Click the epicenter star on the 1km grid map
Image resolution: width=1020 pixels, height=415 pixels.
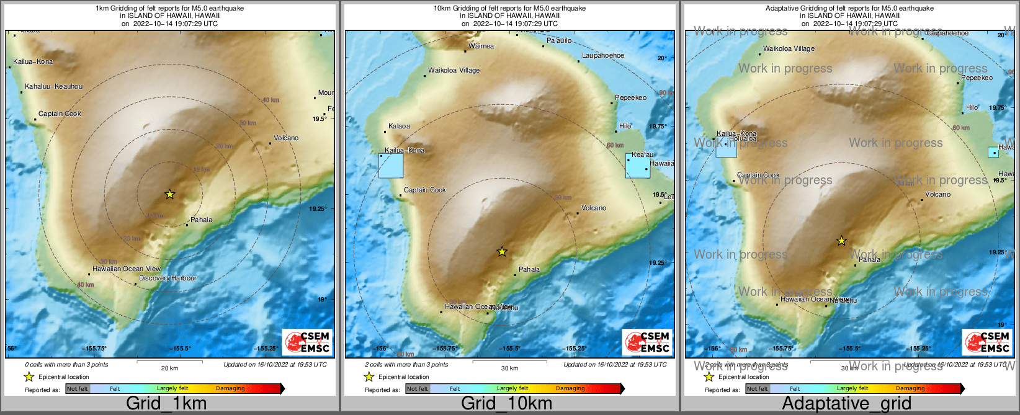(x=169, y=194)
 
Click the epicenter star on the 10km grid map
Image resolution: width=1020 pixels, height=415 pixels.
(x=502, y=252)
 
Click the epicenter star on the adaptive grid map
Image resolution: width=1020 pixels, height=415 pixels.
(x=841, y=241)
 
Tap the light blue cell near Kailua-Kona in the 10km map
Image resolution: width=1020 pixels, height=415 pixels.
(x=391, y=166)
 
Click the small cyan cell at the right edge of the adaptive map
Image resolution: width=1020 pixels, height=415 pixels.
(x=993, y=152)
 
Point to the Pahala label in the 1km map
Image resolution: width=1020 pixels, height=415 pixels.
(x=201, y=220)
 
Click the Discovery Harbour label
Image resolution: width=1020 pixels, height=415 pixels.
(x=168, y=279)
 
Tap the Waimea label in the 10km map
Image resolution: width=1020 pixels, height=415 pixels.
(x=481, y=46)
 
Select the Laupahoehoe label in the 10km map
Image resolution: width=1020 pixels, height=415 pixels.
(x=603, y=56)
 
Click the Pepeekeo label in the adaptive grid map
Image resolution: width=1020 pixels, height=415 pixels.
(x=977, y=78)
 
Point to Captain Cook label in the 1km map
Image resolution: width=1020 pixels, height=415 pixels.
(x=60, y=114)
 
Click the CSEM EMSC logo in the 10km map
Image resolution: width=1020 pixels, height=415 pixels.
(x=647, y=342)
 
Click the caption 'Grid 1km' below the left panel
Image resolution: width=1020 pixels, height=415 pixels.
(x=166, y=403)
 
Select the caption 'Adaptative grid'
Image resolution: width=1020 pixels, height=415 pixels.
(x=846, y=403)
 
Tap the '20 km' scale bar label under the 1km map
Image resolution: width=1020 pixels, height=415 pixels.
(x=169, y=368)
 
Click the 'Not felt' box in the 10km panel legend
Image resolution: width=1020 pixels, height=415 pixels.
(x=418, y=389)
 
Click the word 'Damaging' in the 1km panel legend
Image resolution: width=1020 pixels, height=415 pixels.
(x=230, y=389)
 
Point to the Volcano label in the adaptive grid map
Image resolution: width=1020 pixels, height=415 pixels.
(x=937, y=194)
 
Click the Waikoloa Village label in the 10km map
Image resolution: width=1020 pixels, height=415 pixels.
(x=454, y=71)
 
